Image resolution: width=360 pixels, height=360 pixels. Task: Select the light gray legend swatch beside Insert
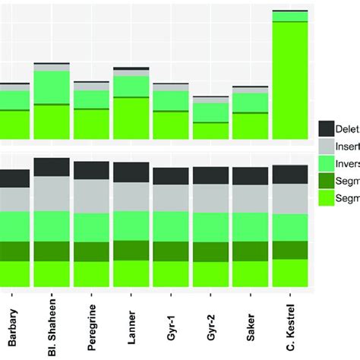click(x=327, y=147)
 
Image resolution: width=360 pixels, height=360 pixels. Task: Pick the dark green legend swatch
click(x=327, y=182)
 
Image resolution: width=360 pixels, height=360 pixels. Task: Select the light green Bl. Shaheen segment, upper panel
click(x=52, y=87)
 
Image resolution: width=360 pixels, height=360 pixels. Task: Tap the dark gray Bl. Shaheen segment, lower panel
click(x=52, y=167)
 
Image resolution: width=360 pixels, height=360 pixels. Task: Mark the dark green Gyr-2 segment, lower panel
click(x=210, y=251)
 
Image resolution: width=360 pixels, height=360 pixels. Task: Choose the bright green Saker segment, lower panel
click(x=250, y=273)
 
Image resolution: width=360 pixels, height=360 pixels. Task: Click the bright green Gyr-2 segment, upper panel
click(x=210, y=130)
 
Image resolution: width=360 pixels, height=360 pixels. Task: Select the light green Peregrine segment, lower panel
click(x=91, y=226)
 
